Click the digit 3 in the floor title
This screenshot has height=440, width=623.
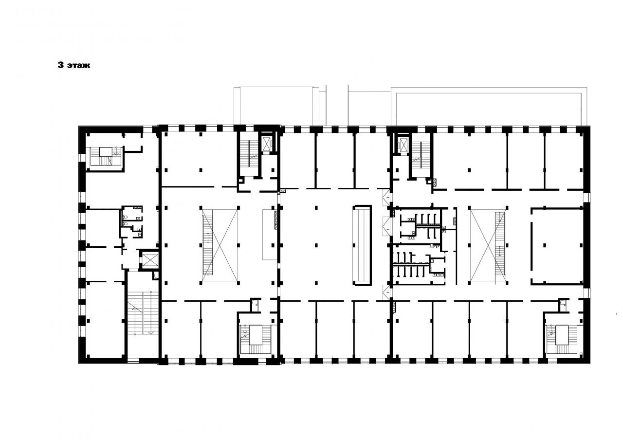[61, 65]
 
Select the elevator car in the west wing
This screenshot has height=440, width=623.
[149, 260]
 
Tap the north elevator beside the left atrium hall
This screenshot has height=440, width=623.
[266, 144]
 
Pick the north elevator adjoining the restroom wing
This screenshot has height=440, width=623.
[403, 145]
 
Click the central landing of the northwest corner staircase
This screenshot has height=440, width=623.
[105, 152]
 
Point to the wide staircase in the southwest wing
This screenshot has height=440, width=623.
[143, 313]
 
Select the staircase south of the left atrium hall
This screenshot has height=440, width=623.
[256, 339]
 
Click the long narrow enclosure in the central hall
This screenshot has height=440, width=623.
[362, 245]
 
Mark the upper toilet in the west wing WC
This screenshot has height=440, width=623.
[126, 217]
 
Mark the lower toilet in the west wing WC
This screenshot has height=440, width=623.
[126, 223]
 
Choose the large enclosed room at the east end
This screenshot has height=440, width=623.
[557, 246]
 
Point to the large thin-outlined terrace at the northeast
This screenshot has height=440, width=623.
[489, 106]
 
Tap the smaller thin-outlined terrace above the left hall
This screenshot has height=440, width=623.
[276, 106]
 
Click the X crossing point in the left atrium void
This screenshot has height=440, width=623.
[220, 245]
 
